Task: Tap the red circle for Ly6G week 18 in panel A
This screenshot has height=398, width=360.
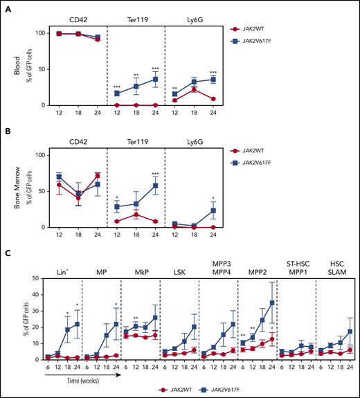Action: click(x=195, y=89)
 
